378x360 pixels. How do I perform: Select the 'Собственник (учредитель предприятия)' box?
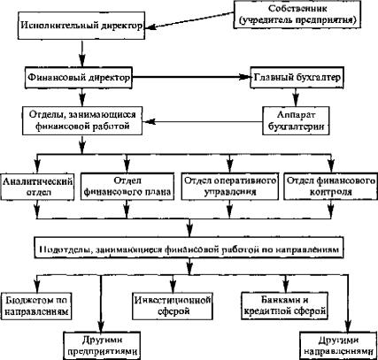297,14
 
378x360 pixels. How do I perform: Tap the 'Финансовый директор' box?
79,78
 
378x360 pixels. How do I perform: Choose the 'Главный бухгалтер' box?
297,78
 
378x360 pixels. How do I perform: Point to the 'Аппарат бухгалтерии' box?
296,120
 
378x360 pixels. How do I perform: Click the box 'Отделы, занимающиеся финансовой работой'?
82,120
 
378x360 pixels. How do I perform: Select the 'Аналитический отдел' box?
37,187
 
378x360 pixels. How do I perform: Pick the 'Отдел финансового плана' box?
127,187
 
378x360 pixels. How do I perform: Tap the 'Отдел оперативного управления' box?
230,187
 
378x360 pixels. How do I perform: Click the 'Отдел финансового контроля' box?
331,187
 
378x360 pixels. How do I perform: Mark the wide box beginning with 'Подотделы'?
189,249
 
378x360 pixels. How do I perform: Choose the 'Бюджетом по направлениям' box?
36,306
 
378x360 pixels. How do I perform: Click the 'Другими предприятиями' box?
102,346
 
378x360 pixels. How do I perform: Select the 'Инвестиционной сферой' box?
173,306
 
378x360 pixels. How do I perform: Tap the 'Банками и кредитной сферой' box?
284,306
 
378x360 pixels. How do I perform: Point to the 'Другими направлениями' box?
338,346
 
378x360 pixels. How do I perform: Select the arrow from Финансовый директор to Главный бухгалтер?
191,77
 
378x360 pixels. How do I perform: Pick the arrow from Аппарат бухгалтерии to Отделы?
203,121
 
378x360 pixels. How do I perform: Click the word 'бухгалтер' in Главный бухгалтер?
319,78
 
